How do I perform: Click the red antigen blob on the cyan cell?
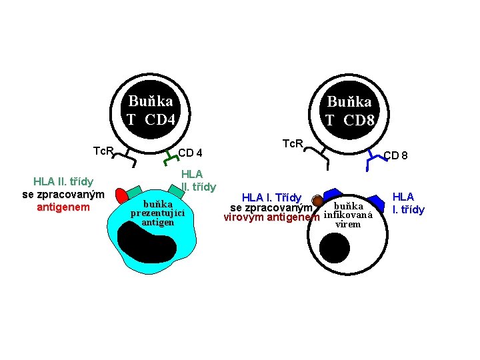click(x=121, y=196)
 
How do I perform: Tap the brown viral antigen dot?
click(x=318, y=200)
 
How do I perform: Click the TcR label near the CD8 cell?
click(x=293, y=143)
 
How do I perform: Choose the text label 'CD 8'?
click(x=395, y=156)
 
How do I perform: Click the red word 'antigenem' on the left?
click(x=63, y=207)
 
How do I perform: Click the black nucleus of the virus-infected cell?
click(x=334, y=250)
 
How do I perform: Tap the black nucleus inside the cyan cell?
click(x=149, y=245)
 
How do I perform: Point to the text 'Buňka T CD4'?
click(x=151, y=111)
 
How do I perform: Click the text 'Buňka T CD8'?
click(x=349, y=111)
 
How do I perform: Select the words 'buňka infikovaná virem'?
click(x=348, y=215)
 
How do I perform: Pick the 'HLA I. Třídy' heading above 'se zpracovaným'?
click(x=271, y=197)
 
